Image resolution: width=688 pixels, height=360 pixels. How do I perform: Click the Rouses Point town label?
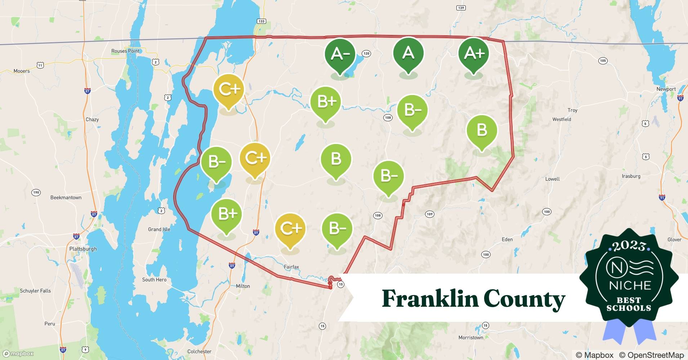pos(125,51)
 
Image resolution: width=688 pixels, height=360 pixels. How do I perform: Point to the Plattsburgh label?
pos(83,249)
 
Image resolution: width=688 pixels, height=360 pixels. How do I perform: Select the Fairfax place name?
pos(291,267)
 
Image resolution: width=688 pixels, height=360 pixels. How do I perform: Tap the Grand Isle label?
pos(159,229)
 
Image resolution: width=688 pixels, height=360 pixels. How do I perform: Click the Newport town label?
pos(666,89)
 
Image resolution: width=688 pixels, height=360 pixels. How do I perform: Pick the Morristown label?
pos(470,338)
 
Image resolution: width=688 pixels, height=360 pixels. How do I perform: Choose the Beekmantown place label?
pos(66,198)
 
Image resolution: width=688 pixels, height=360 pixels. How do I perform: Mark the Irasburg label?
pos(631,176)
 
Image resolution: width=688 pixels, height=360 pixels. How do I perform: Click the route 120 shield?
pos(366,54)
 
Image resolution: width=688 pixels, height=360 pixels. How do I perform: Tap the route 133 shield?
pos(261,21)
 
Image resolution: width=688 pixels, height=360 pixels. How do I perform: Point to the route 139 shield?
pos(461,8)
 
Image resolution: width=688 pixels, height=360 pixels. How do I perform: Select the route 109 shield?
pos(429,214)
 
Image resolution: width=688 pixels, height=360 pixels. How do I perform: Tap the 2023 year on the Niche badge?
pos(629,246)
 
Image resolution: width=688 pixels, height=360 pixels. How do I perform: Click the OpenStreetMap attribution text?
pos(651,355)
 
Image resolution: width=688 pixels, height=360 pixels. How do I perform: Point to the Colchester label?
pos(199,351)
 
